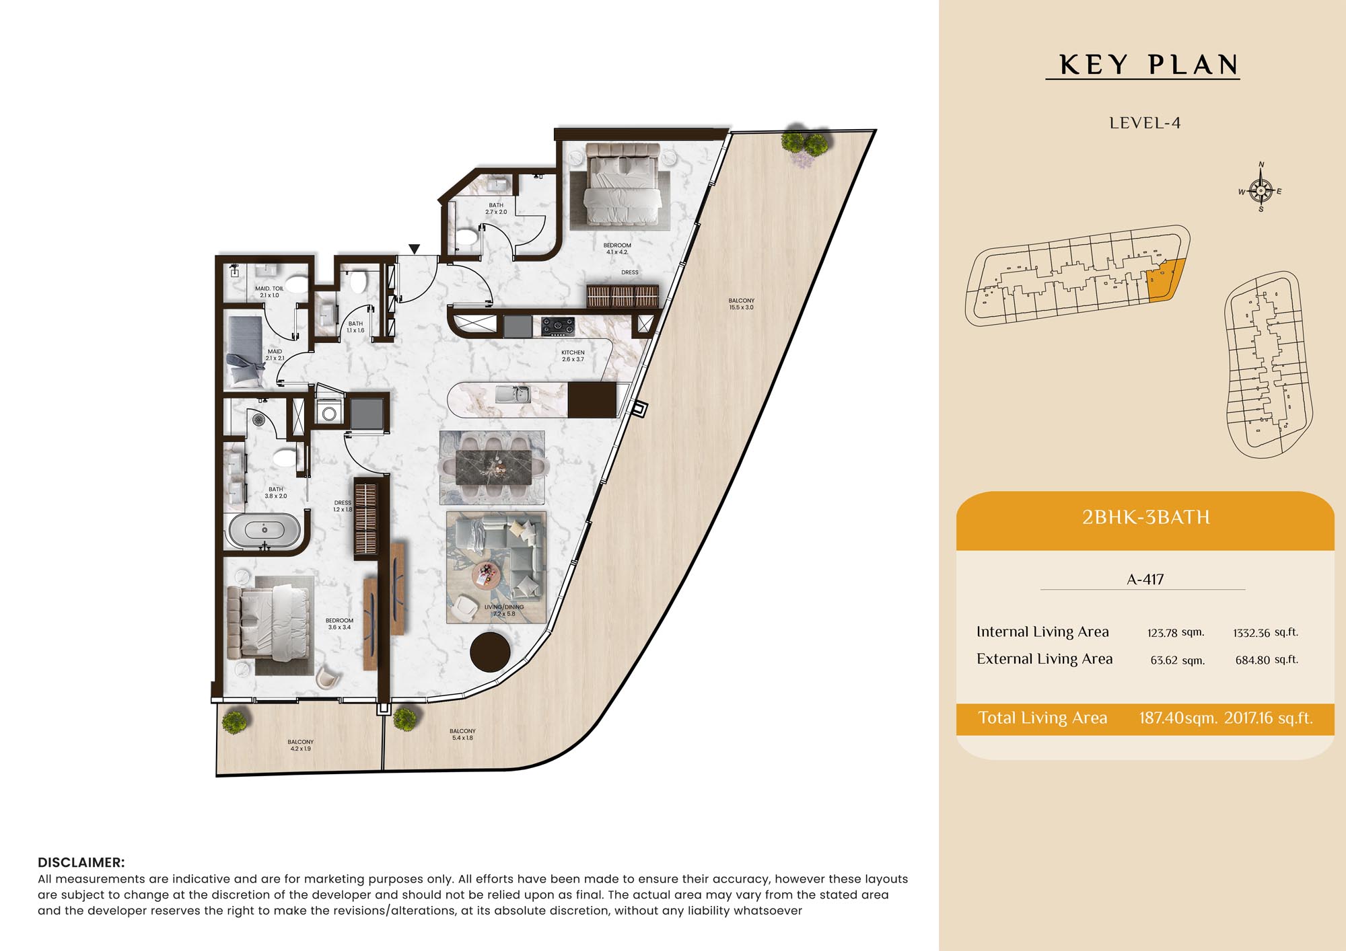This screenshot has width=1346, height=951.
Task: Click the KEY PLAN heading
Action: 1149,65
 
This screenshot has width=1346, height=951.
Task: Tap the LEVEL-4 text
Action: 1145,123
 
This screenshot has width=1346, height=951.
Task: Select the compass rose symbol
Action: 1261,190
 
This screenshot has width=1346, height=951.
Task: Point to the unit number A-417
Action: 1145,579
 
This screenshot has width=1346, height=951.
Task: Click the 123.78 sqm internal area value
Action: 1176,632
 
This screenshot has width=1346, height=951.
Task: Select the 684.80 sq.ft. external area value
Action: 1267,660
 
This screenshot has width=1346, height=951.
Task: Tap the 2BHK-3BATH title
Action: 1145,517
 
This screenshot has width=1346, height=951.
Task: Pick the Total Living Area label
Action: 1042,718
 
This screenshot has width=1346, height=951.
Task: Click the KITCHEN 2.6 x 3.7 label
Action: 573,356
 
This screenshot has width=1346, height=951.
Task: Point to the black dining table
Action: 493,467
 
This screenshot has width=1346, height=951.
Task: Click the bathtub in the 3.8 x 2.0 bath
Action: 264,531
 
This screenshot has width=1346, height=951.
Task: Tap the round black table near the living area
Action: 490,652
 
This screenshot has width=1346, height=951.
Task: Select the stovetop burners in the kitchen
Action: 558,326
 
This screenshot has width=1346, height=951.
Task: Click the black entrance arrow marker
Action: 415,249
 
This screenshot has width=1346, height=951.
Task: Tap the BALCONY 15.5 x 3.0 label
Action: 741,304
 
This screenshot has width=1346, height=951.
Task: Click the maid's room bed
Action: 244,351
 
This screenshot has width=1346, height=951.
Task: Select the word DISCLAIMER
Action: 81,862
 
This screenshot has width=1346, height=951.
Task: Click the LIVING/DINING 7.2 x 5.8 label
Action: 504,610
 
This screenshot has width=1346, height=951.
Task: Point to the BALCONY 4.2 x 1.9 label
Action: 300,745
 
